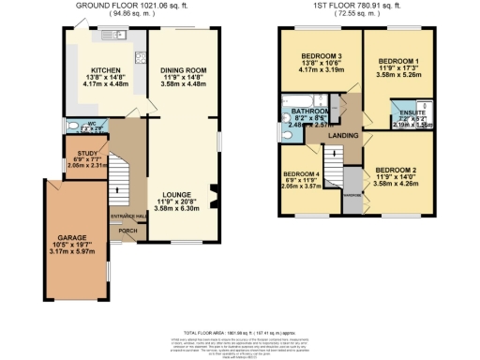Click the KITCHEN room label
pos(104,68)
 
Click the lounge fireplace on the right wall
pos(215,196)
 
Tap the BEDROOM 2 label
pos(395,170)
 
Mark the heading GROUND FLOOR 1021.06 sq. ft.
pos(127,6)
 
